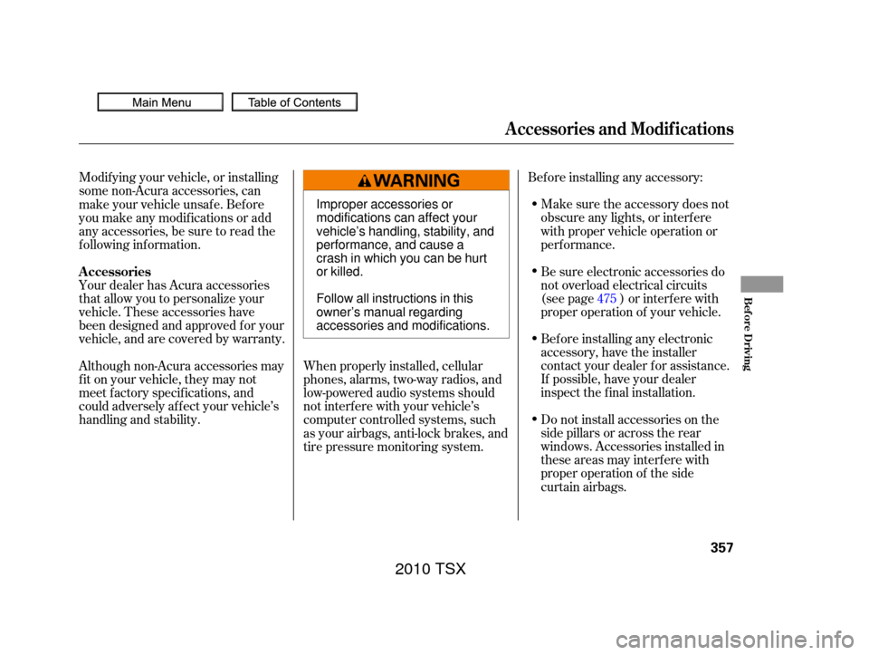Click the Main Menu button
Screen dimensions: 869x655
pos(160,102)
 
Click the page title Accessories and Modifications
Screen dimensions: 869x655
pos(619,129)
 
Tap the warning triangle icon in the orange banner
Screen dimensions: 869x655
pos(365,181)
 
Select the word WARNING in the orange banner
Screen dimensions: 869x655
pos(416,181)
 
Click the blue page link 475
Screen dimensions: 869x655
pos(606,298)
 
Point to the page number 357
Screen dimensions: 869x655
pos(721,547)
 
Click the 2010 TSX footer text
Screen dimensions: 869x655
pos(431,568)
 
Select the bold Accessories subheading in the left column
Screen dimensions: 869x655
pos(115,272)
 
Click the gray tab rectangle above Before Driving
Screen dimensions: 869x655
pos(761,284)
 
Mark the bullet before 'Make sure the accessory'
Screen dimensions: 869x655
pos(532,205)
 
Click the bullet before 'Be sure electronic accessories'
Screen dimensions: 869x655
pos(532,272)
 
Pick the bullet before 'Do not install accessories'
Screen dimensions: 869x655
pos(532,419)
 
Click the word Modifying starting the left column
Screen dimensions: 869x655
pos(108,178)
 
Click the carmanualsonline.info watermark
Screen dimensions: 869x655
pos(734,640)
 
